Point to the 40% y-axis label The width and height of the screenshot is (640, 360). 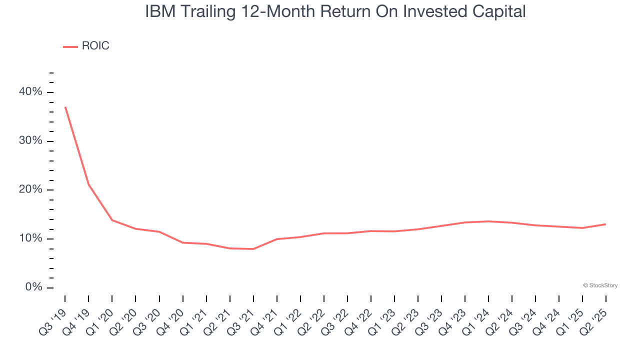pyautogui.click(x=30, y=92)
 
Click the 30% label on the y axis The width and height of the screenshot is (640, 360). pyautogui.click(x=30, y=141)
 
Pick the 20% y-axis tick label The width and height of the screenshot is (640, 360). pyautogui.click(x=30, y=190)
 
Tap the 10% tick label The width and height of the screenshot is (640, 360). pyautogui.click(x=30, y=238)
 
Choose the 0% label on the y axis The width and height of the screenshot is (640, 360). pyautogui.click(x=33, y=287)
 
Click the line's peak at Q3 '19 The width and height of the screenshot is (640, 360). pyautogui.click(x=65, y=107)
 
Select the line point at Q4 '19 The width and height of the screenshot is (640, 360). pyautogui.click(x=88, y=185)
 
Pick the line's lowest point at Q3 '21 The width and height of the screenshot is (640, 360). pyautogui.click(x=253, y=249)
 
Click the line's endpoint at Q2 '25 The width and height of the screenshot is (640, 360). pyautogui.click(x=605, y=224)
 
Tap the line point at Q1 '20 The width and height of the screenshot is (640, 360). pyautogui.click(x=112, y=220)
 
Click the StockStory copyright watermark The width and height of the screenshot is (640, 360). pyautogui.click(x=600, y=285)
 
